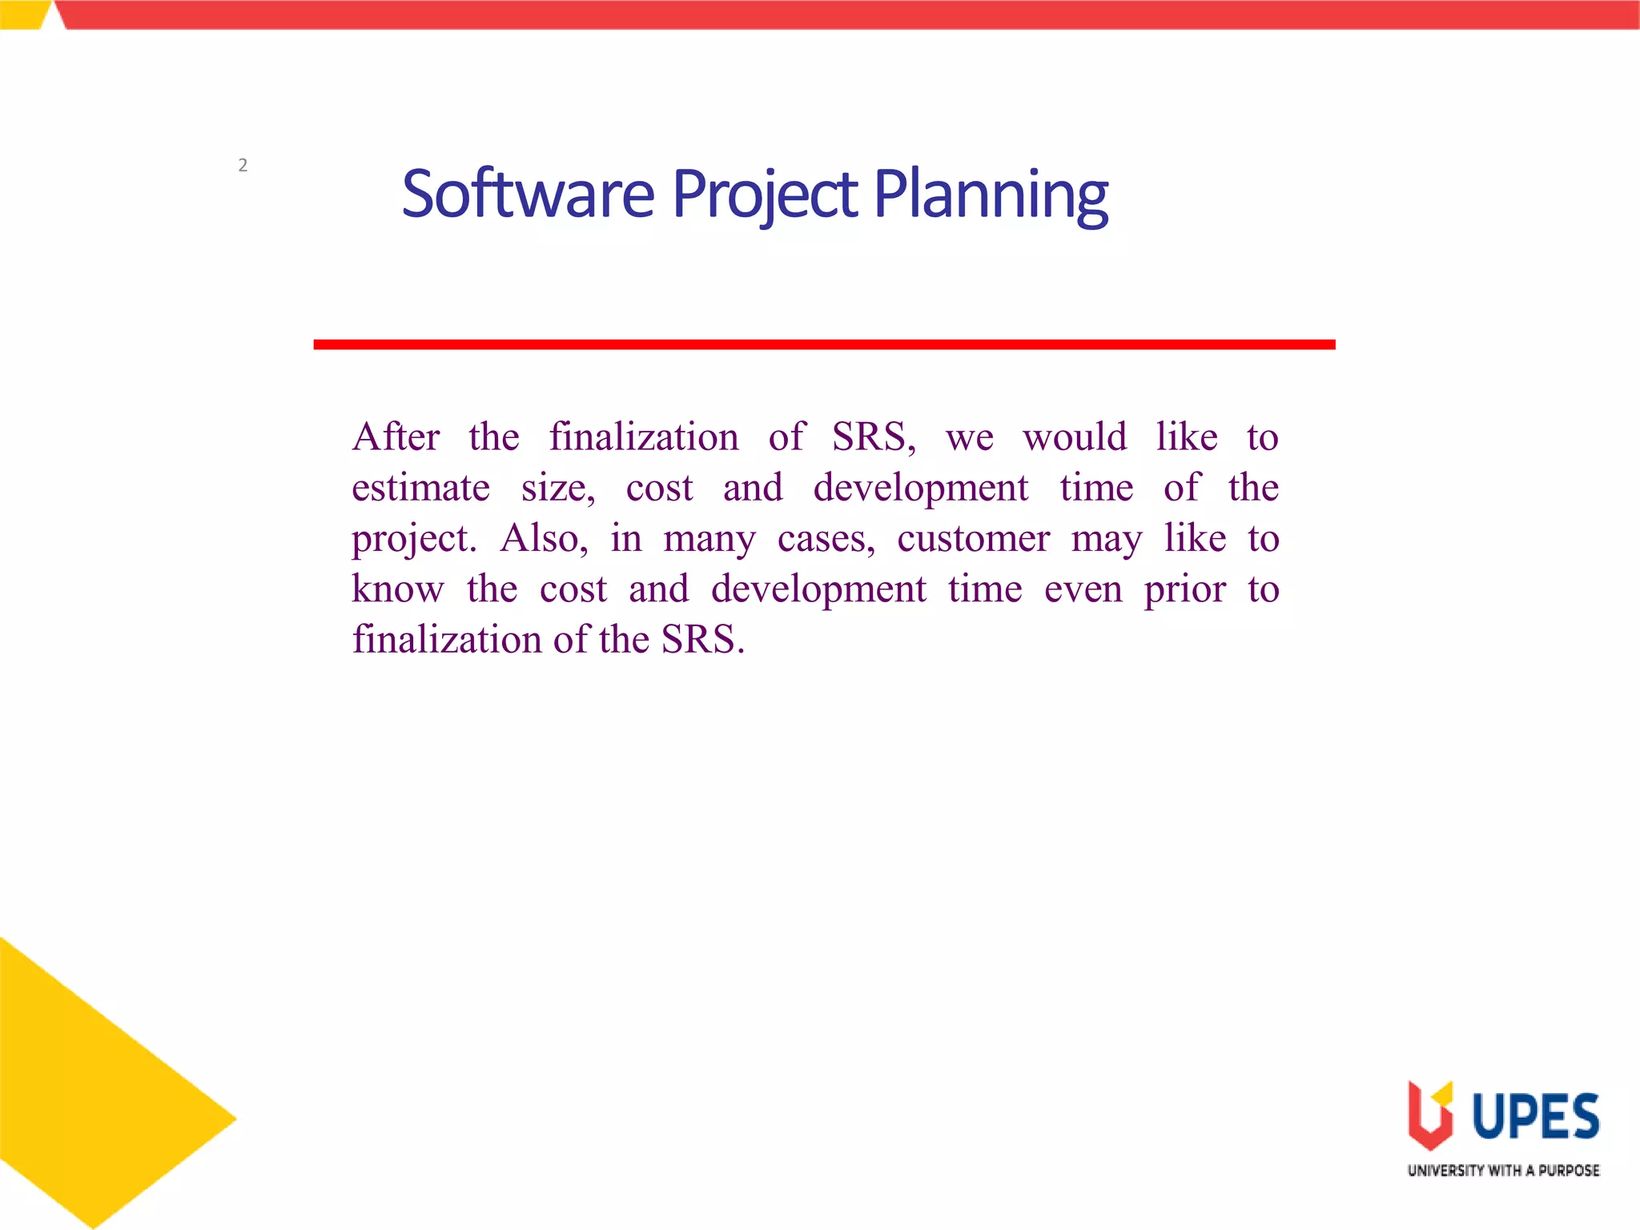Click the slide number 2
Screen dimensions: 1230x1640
point(243,166)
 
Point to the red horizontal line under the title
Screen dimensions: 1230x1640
point(824,344)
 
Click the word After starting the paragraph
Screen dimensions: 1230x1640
point(396,437)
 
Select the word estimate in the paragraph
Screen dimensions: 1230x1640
point(420,488)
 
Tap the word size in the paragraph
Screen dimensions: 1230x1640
point(557,488)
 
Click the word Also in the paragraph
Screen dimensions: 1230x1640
point(543,538)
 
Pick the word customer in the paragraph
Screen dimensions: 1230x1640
point(973,538)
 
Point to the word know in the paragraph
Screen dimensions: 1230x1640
point(397,589)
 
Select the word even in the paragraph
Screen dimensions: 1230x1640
point(1083,590)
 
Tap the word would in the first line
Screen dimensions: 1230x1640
point(1075,437)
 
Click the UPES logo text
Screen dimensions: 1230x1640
point(1535,1116)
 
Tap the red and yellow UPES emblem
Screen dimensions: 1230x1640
point(1430,1115)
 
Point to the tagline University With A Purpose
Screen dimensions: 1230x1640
point(1503,1171)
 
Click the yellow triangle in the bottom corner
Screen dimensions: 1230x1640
point(88,1097)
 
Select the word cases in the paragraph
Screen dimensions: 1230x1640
point(826,539)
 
